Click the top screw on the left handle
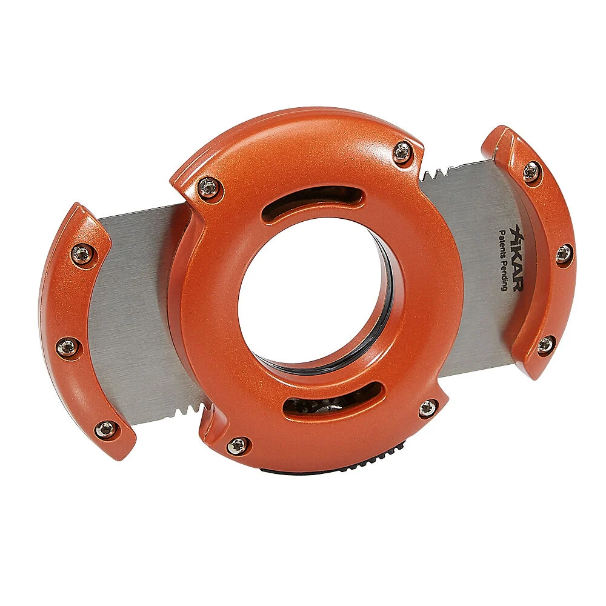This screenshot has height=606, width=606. [82, 253]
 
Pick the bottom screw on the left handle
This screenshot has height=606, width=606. [105, 428]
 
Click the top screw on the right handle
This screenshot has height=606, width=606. [533, 171]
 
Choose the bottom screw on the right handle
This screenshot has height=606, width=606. [546, 344]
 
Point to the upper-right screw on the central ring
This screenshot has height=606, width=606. [403, 151]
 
